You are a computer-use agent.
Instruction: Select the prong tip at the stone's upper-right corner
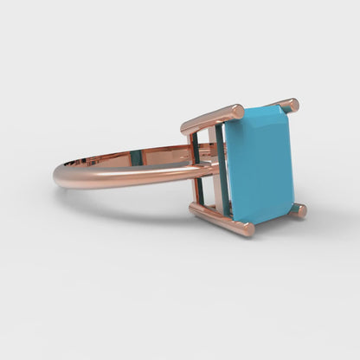pyautogui.click(x=292, y=105)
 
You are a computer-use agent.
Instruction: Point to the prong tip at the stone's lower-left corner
pyautogui.click(x=248, y=229)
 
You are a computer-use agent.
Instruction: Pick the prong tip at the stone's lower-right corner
pyautogui.click(x=299, y=210)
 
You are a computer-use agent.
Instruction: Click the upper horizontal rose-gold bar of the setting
pyautogui.click(x=208, y=119)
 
